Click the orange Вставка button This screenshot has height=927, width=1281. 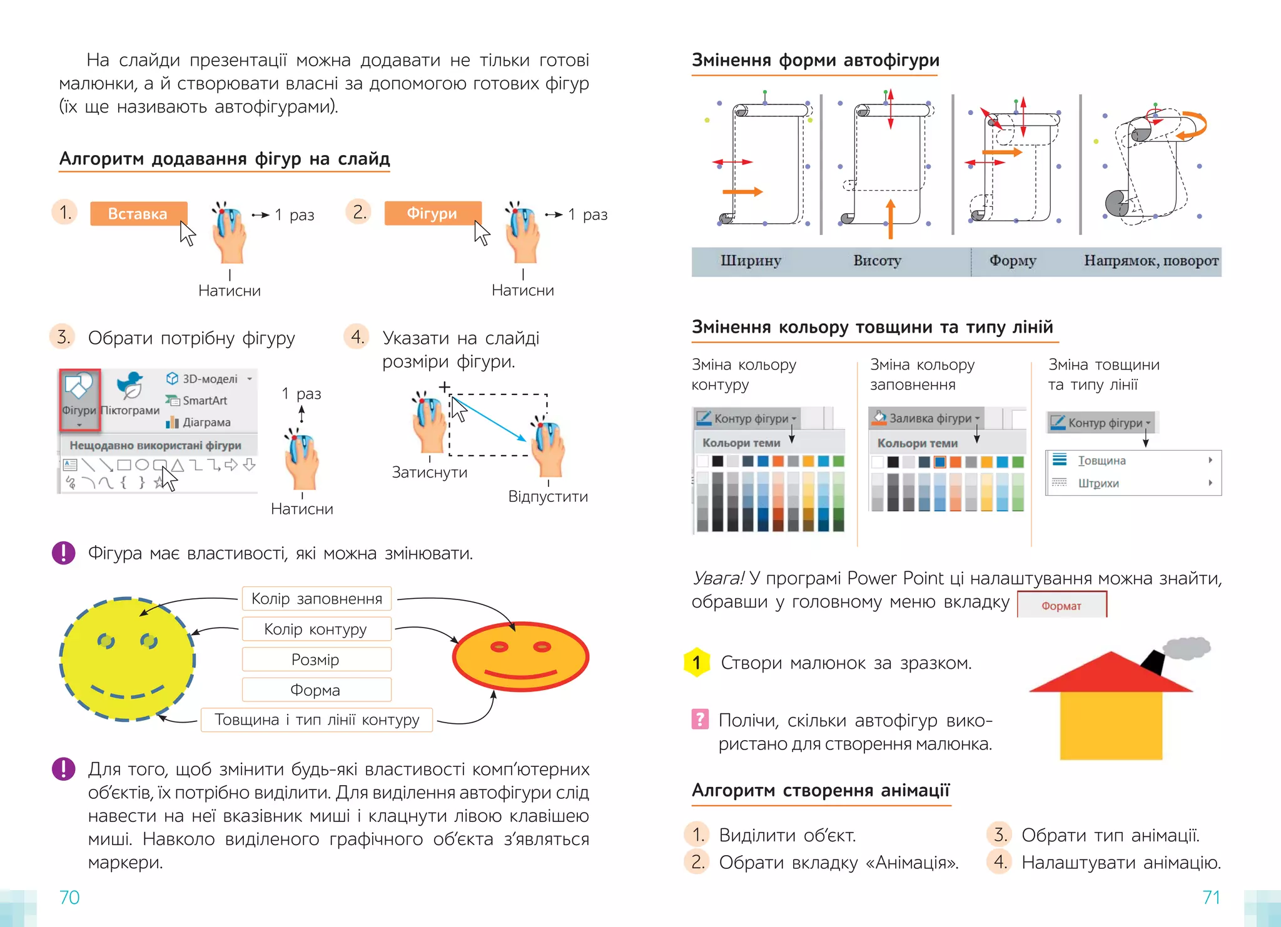coord(138,214)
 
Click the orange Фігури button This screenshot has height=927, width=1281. coord(432,213)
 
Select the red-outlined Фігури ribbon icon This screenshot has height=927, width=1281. coord(79,399)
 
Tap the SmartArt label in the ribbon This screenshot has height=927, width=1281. coord(204,401)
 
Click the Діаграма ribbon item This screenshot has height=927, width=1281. coord(206,423)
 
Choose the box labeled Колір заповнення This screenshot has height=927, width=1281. coord(316,599)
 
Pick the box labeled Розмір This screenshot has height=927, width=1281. coord(316,659)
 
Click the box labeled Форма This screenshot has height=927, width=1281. coord(316,690)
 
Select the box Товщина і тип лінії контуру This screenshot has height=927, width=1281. coord(316,720)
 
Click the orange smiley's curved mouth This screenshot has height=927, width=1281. coord(521,675)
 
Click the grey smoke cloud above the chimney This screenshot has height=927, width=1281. coord(1186,648)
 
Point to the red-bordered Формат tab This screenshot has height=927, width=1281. coord(1061,605)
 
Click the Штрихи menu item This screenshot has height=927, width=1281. coord(1098,483)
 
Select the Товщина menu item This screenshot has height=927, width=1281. coord(1101,461)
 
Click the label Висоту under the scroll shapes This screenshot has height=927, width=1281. coord(877,261)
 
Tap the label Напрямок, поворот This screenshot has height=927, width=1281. coord(1151,261)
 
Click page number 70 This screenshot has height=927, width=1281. coord(69,897)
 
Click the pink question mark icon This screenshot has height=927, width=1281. coord(700,719)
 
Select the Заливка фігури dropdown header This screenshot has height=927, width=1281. coord(929,418)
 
